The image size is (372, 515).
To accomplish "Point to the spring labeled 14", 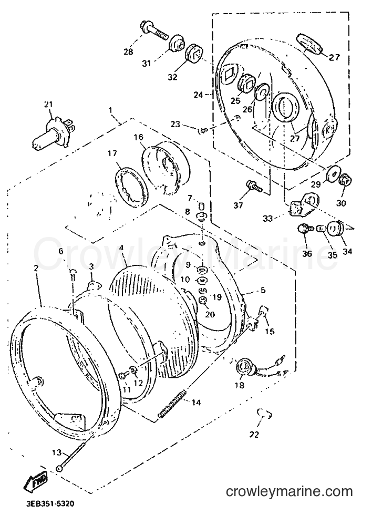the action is (x=172, y=404).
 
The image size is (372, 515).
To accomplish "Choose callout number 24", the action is (x=198, y=95).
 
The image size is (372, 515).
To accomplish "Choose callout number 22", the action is (x=254, y=435).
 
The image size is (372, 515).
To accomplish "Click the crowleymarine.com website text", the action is (x=290, y=492).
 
